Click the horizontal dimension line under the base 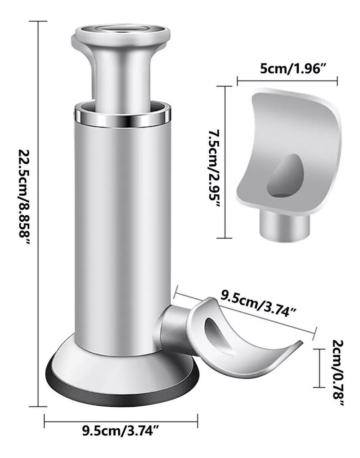click(x=121, y=422)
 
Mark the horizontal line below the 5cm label click(x=287, y=81)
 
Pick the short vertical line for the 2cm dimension click(x=319, y=368)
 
